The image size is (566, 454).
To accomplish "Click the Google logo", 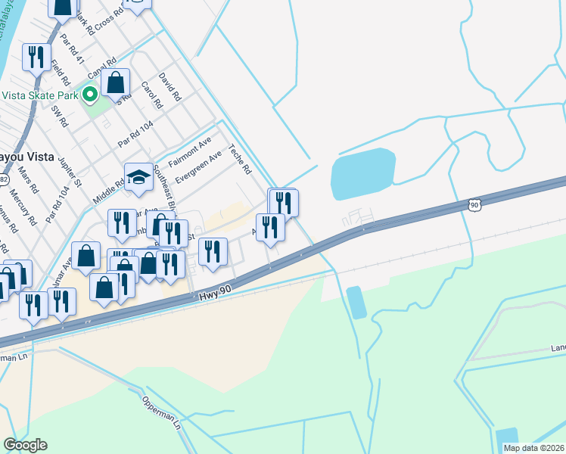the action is [x=25, y=445].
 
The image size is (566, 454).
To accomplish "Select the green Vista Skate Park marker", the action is [x=90, y=95].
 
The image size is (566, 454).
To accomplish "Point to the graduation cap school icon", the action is [x=138, y=178].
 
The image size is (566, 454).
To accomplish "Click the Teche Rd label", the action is [x=240, y=160].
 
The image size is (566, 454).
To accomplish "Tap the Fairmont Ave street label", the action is [x=189, y=154].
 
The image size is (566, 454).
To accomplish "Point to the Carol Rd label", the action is [x=152, y=94].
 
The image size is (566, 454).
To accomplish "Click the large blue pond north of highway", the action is [x=363, y=174].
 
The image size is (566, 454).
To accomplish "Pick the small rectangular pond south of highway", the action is [x=356, y=302].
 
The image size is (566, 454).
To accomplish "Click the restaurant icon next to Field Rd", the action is [x=36, y=57].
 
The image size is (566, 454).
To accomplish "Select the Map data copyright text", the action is [x=533, y=448].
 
